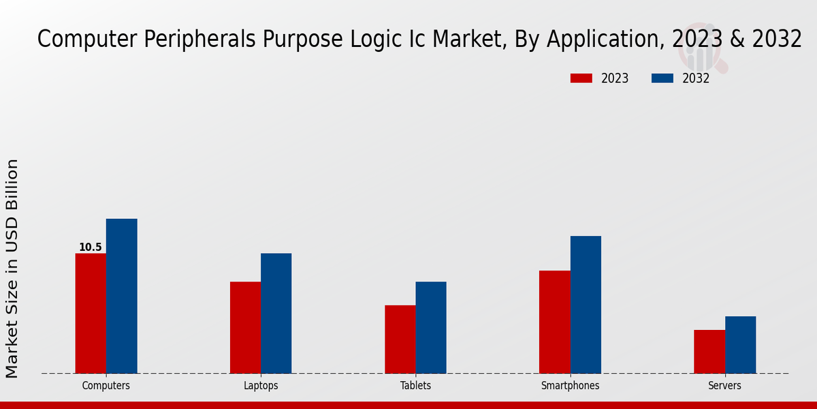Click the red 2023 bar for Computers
tap(91, 313)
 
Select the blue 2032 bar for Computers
tap(121, 296)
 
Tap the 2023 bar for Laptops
tap(245, 327)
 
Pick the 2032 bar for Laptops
tap(276, 313)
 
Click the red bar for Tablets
tap(400, 339)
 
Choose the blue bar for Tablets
tap(431, 327)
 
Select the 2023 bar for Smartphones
tap(554, 322)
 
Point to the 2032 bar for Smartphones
tap(586, 304)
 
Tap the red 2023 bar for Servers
tap(709, 351)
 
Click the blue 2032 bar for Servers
tap(740, 344)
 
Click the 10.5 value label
tap(91, 247)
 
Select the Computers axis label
tap(106, 386)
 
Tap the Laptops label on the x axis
tap(261, 386)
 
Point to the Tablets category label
tap(415, 386)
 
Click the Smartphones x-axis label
tap(571, 386)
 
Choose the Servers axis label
tap(724, 386)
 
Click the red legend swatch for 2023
tap(581, 78)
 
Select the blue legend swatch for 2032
tap(662, 78)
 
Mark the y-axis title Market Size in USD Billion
tap(12, 269)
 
